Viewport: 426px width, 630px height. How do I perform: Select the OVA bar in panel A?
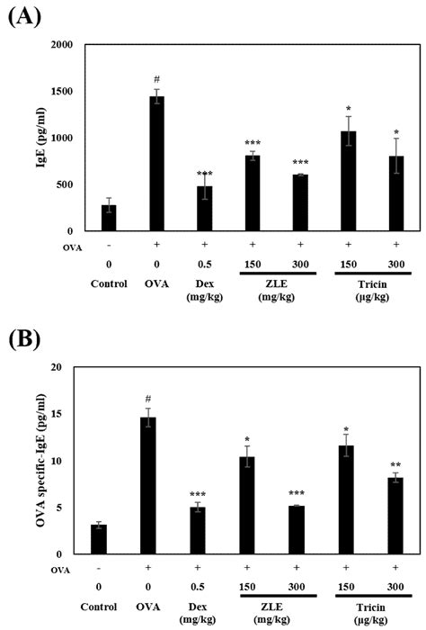[x=156, y=163]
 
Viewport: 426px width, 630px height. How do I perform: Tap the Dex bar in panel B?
[x=206, y=531]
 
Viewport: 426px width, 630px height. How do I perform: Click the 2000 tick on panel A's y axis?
[x=63, y=44]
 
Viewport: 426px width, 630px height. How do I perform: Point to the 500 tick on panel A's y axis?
[x=67, y=184]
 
